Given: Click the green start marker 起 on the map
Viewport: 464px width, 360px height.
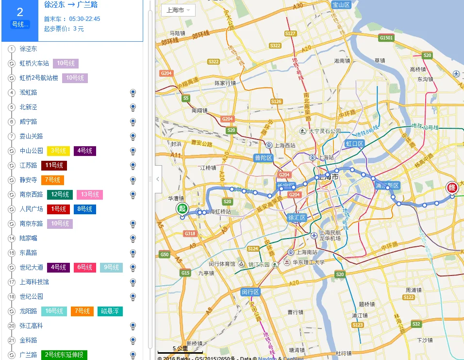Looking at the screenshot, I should (182, 209).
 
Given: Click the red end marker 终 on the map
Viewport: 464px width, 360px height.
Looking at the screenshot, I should (451, 188).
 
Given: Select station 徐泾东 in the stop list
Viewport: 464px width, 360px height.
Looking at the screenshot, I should (28, 49).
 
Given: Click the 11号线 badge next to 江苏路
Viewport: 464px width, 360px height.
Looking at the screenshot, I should (54, 166).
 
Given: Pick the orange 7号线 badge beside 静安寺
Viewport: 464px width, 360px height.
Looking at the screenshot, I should (52, 180).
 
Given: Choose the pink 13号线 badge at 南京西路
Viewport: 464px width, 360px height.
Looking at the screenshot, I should (89, 195).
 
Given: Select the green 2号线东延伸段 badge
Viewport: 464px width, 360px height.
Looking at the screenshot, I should (64, 355).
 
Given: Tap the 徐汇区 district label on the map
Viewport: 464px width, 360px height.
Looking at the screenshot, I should (297, 218).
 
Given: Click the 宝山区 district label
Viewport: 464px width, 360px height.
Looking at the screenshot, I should (341, 5).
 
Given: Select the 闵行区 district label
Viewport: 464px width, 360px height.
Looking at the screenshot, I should (251, 292).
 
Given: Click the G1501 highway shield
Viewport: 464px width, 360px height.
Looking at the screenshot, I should (387, 37).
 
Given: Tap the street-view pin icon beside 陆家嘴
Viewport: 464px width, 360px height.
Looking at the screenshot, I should (133, 239).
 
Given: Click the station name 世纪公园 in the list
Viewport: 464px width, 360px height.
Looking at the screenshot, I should (32, 297).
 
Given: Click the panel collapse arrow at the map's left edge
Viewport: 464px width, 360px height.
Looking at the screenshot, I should (158, 179).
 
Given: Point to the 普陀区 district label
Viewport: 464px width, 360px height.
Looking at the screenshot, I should (264, 158).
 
